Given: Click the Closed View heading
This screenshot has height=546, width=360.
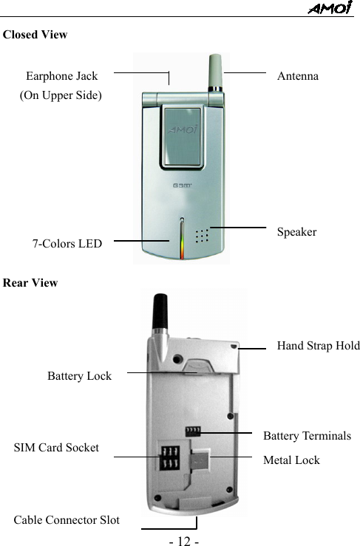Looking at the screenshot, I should pos(35,35).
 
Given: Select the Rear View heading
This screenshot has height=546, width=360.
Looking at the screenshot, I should pos(31,283).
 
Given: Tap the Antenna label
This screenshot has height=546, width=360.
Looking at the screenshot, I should pos(298,76).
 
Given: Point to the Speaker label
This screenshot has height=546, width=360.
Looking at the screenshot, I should pos(296,232).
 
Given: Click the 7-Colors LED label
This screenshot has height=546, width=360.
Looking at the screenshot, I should pos(67,243).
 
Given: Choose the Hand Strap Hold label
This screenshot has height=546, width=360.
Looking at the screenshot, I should pos(318,346).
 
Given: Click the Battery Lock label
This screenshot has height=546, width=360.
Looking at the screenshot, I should pos(79,376).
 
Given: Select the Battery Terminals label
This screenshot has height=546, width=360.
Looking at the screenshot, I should pos(307,436).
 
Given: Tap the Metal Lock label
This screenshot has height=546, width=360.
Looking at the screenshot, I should pos(291,460).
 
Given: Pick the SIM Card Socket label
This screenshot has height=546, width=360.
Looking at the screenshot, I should pos(56,448).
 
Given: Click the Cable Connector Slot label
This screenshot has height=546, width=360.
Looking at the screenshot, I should pos(67,520).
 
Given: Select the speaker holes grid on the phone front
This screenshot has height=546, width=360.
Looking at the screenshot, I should pos(201,235).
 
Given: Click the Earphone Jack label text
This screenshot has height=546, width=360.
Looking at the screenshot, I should pos(61,76).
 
